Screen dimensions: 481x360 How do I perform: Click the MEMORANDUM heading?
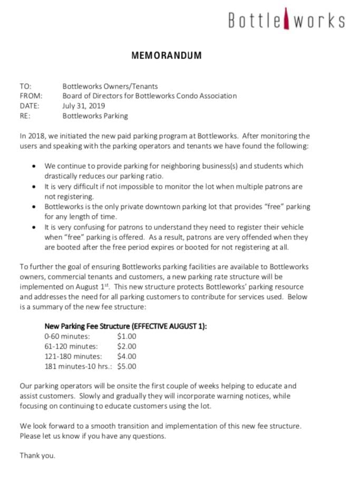[167, 55]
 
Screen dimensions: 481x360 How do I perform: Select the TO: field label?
[25, 86]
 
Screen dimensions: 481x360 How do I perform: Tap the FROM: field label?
[31, 96]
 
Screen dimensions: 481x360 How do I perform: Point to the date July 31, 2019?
[84, 106]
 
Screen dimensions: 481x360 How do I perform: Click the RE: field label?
[25, 116]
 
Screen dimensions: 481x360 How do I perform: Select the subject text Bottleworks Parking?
[95, 116]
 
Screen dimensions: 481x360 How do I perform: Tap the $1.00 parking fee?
[127, 336]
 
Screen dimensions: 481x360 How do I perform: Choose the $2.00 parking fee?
[127, 346]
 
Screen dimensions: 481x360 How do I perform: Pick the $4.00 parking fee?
[127, 356]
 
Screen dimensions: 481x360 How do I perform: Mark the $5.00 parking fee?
[127, 366]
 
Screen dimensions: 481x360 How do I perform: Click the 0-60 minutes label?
[67, 336]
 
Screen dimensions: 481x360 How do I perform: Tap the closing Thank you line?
[37, 455]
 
